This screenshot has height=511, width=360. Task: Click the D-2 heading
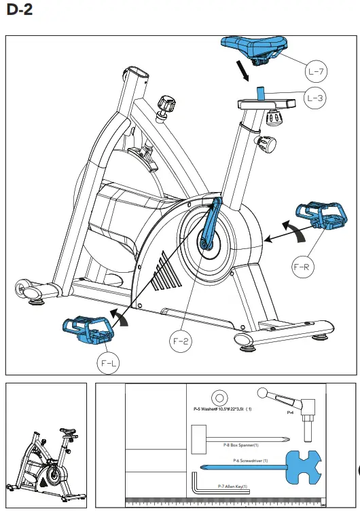point(18,11)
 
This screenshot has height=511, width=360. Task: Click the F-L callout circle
point(109,364)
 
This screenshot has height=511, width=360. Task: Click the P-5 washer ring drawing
point(219,397)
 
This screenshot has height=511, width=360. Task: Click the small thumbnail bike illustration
point(46,459)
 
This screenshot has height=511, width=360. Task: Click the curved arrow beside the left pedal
point(119,318)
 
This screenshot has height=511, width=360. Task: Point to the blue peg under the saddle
point(259,92)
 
